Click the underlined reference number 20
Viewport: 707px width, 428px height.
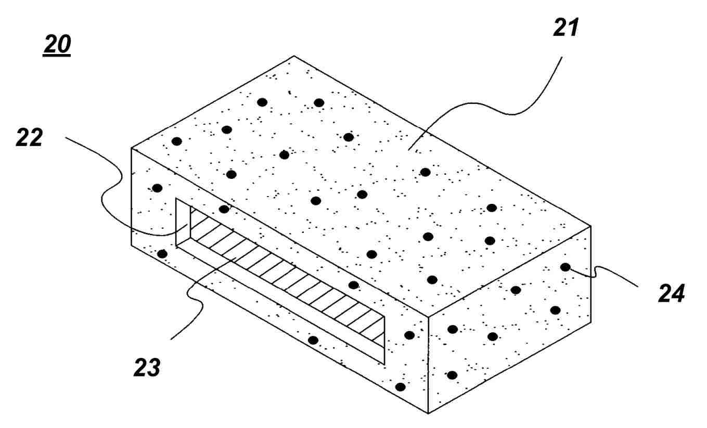tap(57, 44)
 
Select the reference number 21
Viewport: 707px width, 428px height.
tap(566, 28)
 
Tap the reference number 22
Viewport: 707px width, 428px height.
tap(29, 137)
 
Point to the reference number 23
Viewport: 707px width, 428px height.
tap(147, 368)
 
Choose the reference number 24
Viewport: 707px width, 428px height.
tap(671, 293)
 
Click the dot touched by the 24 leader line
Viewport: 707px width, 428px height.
tap(565, 267)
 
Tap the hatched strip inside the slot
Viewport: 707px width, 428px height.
tap(287, 278)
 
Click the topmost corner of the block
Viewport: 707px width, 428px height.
tap(294, 56)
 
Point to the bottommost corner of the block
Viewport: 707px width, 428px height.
tap(428, 413)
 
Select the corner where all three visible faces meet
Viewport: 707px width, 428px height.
tap(428, 316)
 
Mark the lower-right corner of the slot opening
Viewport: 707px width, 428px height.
tap(384, 364)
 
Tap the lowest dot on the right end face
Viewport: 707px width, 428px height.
tap(452, 375)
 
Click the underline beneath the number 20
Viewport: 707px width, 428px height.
tap(57, 56)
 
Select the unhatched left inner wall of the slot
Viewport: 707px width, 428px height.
tap(183, 223)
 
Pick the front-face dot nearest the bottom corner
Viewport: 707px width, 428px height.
tap(400, 387)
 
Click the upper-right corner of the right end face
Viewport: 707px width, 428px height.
tap(590, 226)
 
